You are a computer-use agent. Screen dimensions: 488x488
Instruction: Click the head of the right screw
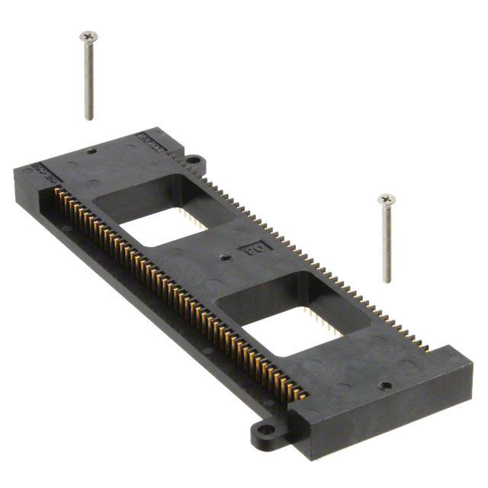(x=387, y=199)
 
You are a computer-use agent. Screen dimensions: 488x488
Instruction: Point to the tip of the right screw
(x=387, y=281)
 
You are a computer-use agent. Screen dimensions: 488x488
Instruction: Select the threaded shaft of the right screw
(x=387, y=244)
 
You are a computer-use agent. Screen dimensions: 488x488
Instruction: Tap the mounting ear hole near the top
(x=193, y=161)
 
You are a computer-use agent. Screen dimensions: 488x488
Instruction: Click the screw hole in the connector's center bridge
(x=226, y=258)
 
